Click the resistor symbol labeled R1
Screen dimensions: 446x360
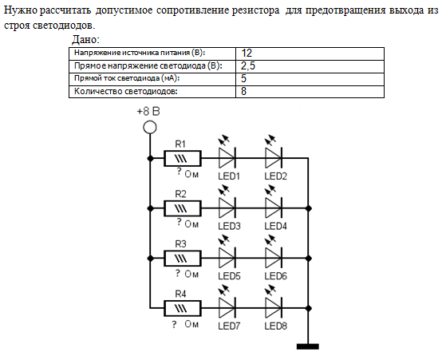(183, 158)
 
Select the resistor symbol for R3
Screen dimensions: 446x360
(183, 259)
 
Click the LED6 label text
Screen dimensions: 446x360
(275, 275)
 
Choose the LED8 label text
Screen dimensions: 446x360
(275, 326)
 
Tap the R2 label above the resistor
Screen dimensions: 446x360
(180, 194)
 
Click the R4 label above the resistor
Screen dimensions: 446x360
(180, 294)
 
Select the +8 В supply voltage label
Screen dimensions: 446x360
(148, 111)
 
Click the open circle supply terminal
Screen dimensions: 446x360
(150, 127)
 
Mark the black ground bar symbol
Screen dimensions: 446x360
(308, 346)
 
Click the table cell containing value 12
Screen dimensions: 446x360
(310, 53)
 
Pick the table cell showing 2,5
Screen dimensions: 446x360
(310, 66)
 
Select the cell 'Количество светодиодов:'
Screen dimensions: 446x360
(152, 92)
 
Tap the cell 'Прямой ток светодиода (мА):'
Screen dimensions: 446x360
(152, 79)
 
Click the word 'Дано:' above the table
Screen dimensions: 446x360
(85, 39)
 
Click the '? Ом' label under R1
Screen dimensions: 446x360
(187, 173)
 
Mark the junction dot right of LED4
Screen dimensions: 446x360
(308, 208)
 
